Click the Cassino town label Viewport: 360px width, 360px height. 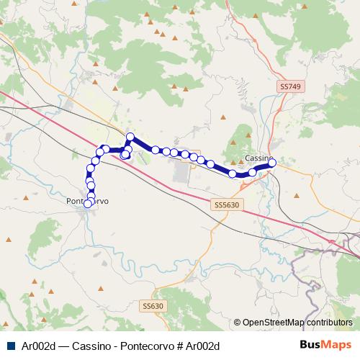coord(257,158)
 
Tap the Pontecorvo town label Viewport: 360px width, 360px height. coord(88,202)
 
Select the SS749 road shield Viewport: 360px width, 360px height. coord(288,86)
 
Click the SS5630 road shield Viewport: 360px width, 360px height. coord(225,204)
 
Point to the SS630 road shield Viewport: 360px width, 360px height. coord(153,306)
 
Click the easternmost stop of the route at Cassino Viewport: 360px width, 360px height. coord(272,163)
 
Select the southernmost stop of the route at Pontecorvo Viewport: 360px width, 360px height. coord(88,204)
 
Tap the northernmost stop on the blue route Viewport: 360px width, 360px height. coord(130,137)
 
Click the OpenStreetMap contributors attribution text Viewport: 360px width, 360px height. coord(297,323)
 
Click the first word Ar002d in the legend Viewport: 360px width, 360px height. coord(37,346)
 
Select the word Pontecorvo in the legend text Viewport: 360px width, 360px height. coord(143,346)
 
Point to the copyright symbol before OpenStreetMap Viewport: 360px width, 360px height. coord(238,323)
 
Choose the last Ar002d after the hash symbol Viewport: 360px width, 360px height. coord(202,346)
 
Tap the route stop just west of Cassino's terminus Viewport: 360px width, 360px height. coord(253,172)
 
